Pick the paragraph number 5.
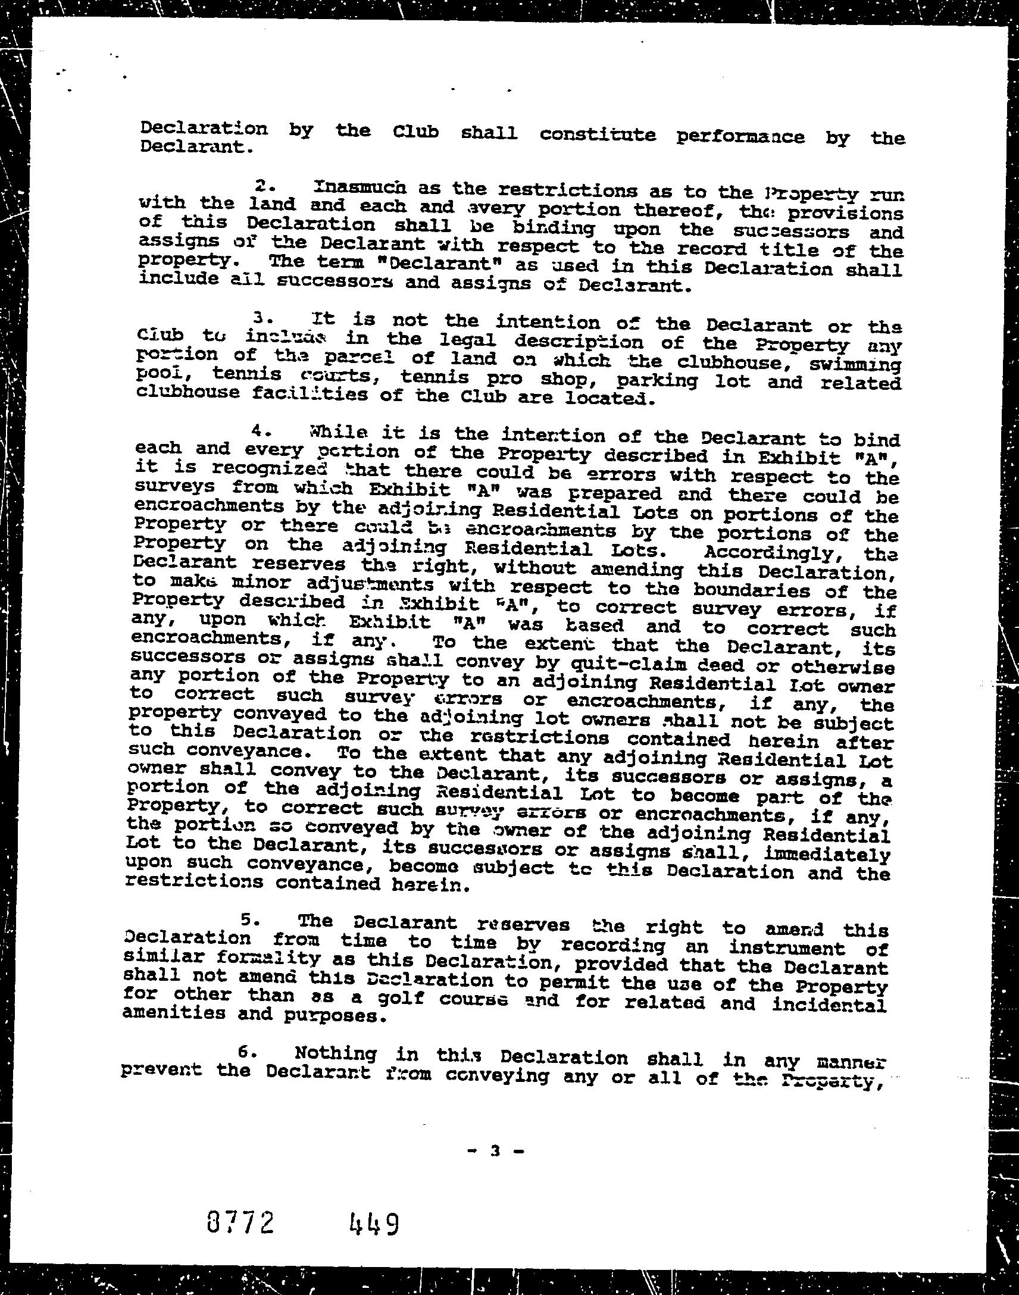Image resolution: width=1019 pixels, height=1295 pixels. coord(250,920)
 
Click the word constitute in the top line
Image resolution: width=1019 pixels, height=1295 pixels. coord(598,135)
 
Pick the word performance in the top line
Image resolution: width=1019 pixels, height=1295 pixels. coord(740,137)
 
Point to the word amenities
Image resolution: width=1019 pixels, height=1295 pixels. coord(174,1013)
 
